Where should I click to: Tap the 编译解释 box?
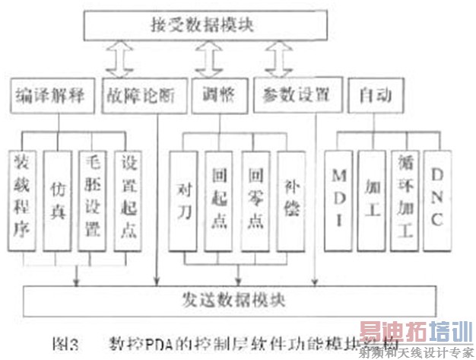click(50, 97)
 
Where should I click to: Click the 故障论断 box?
click(141, 97)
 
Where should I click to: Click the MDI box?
click(339, 199)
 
